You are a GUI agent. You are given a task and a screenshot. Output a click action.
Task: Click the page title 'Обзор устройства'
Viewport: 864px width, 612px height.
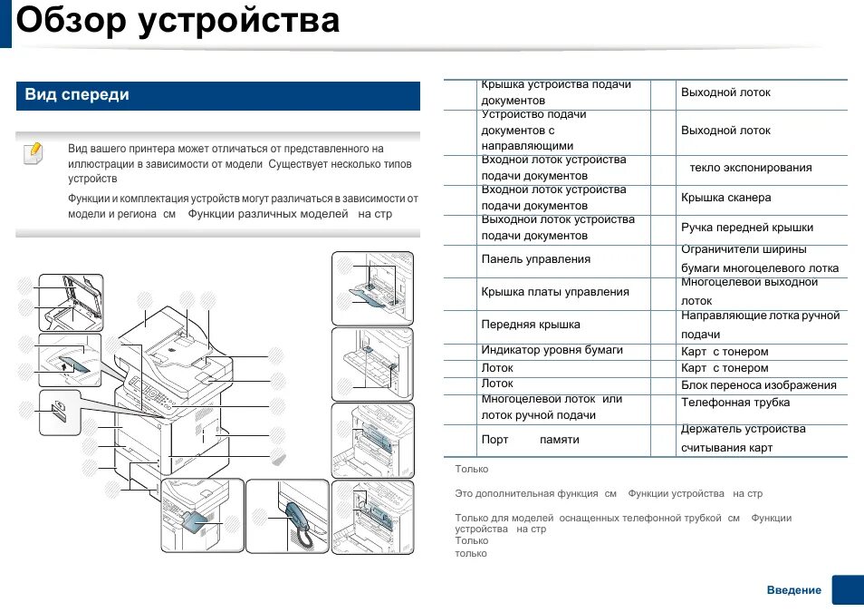pyautogui.click(x=178, y=20)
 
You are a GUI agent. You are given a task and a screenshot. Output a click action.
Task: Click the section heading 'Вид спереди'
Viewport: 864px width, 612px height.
pyautogui.click(x=77, y=95)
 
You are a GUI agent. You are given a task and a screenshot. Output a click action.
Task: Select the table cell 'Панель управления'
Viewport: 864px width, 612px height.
pyautogui.click(x=535, y=259)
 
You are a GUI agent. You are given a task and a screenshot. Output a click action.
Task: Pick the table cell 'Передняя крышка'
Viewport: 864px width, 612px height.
pyautogui.click(x=531, y=325)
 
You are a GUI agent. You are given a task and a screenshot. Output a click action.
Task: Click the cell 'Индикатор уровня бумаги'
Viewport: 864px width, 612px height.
pyautogui.click(x=552, y=350)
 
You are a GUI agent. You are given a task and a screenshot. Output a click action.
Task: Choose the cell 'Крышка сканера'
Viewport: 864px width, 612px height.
pyautogui.click(x=725, y=198)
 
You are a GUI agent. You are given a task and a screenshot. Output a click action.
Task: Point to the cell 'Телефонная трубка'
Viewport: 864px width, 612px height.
pyautogui.click(x=734, y=403)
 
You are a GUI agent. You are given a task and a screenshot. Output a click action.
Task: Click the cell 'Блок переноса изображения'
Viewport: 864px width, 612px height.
pyautogui.click(x=758, y=385)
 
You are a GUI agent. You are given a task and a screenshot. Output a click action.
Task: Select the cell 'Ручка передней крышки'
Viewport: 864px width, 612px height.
pyautogui.click(x=746, y=228)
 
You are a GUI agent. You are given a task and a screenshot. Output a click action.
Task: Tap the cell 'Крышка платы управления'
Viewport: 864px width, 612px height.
pyautogui.click(x=554, y=292)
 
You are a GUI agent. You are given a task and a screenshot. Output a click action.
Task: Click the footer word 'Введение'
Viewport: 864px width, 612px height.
pyautogui.click(x=793, y=590)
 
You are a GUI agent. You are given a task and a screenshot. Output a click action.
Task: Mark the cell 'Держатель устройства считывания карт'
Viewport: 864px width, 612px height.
pyautogui.click(x=743, y=439)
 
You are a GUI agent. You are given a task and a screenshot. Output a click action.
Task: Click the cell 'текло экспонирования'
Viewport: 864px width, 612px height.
pyautogui.click(x=750, y=168)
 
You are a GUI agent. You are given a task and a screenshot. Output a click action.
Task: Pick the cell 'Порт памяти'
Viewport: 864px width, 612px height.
pyautogui.click(x=530, y=440)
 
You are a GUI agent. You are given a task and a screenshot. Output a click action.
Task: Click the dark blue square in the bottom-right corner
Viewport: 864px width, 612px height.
pyautogui.click(x=848, y=590)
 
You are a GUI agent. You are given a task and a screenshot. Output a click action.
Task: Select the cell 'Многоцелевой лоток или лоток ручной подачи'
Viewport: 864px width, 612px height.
pyautogui.click(x=552, y=407)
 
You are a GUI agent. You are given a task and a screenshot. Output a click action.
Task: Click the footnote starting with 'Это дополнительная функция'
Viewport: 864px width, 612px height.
pyautogui.click(x=608, y=494)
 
